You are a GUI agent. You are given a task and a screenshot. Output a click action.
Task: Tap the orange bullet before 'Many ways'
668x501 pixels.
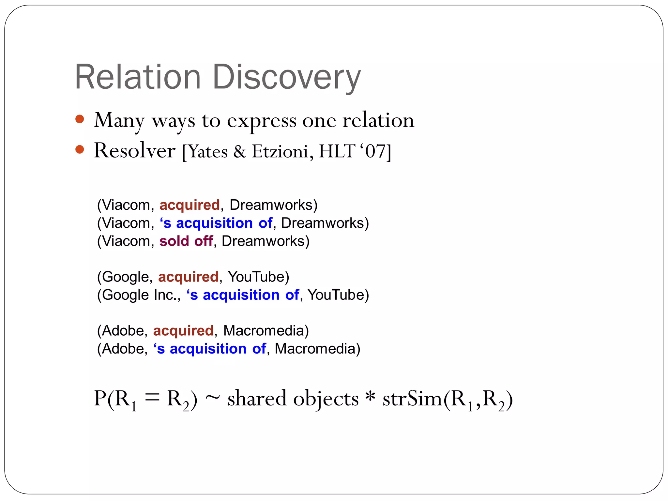(80, 119)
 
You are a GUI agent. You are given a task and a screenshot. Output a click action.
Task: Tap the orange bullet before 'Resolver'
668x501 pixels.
(80, 150)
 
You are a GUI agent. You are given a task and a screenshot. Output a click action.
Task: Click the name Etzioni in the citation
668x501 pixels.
(280, 151)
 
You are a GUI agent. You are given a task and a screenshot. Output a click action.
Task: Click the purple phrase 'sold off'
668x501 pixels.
(186, 241)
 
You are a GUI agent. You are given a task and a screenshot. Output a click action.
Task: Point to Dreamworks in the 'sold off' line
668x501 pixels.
(265, 241)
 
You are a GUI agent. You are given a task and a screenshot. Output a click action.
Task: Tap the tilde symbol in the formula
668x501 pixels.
(213, 399)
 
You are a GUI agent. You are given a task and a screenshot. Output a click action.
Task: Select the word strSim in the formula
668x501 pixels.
(412, 399)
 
